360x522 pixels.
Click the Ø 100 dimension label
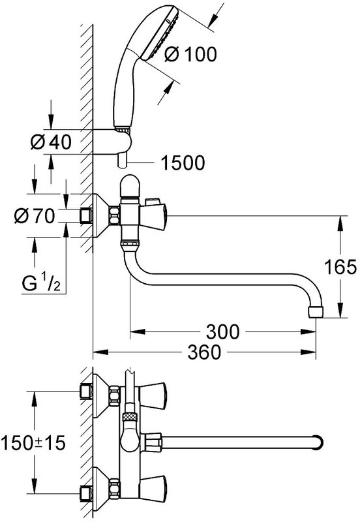click(x=190, y=54)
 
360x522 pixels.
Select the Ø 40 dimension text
click(x=51, y=142)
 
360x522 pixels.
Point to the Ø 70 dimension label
click(x=35, y=216)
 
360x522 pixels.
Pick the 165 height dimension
click(x=340, y=267)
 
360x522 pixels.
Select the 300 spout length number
click(x=222, y=331)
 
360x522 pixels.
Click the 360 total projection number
click(x=204, y=352)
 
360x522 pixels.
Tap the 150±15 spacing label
click(x=33, y=443)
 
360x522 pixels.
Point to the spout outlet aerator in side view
click(x=316, y=311)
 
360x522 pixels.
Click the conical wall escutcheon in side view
click(x=100, y=216)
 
